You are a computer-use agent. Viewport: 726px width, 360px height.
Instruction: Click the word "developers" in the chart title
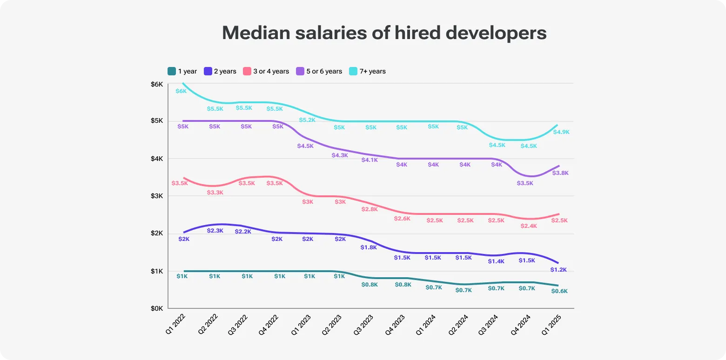[x=496, y=33]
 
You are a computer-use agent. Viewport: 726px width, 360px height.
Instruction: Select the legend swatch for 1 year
[x=172, y=71]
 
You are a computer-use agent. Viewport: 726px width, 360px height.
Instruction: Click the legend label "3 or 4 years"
[x=271, y=71]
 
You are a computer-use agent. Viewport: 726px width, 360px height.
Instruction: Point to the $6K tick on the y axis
[x=157, y=84]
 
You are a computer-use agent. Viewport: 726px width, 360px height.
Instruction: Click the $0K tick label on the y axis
[x=157, y=308]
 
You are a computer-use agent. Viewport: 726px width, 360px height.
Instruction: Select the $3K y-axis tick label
[x=157, y=196]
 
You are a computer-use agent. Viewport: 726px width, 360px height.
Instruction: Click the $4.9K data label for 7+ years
[x=561, y=132]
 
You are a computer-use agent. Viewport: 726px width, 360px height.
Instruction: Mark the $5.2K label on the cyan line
[x=307, y=120]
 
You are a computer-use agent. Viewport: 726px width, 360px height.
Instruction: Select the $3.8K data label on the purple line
[x=560, y=173]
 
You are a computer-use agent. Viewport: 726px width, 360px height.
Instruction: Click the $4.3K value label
[x=339, y=155]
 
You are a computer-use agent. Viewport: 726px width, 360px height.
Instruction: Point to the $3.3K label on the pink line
[x=215, y=193]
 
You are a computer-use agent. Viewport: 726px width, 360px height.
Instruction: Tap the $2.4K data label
[x=529, y=226]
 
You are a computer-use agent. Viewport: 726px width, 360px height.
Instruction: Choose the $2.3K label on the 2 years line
[x=215, y=231]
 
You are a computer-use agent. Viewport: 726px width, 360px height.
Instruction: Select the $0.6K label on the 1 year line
[x=559, y=291]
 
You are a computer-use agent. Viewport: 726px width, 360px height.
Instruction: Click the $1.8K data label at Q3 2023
[x=369, y=247]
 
